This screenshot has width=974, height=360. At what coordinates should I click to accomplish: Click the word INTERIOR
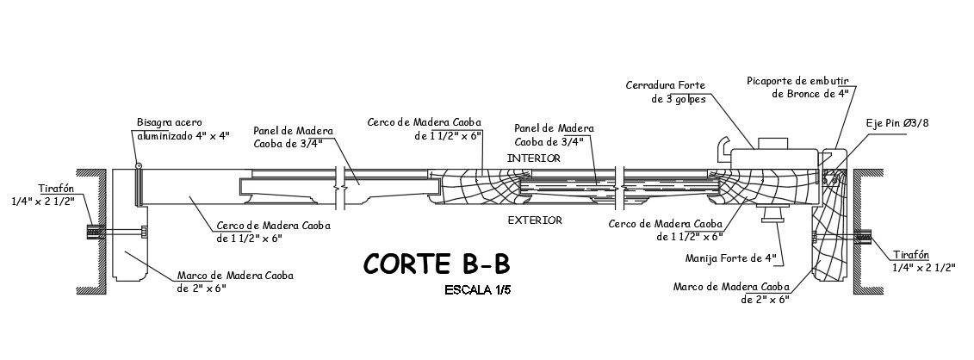(x=534, y=158)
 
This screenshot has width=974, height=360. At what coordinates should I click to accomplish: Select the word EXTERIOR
(x=535, y=220)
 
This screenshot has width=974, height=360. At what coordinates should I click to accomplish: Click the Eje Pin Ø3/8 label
(x=897, y=124)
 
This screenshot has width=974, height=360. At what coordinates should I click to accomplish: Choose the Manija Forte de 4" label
(x=731, y=258)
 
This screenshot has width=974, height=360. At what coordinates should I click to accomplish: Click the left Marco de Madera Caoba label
(x=235, y=282)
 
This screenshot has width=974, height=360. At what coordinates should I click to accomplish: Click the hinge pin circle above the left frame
(x=138, y=164)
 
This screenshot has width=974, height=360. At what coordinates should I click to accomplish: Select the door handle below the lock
(x=771, y=214)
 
